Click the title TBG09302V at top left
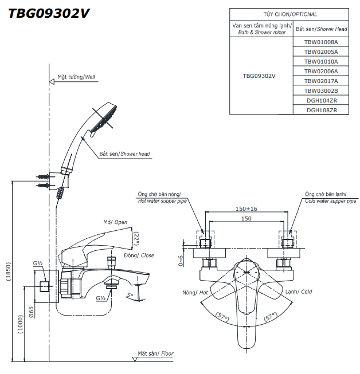click(49, 13)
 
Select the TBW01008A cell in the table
click(321, 42)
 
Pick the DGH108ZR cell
click(321, 110)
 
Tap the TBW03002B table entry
click(321, 90)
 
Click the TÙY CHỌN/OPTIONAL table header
click(289, 14)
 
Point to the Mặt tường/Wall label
click(76, 76)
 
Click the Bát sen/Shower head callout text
click(124, 154)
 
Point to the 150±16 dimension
click(246, 208)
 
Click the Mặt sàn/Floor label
click(155, 354)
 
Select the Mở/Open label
click(115, 222)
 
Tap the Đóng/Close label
click(139, 255)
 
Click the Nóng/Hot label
click(195, 292)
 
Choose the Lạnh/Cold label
click(299, 292)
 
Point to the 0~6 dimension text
click(181, 260)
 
